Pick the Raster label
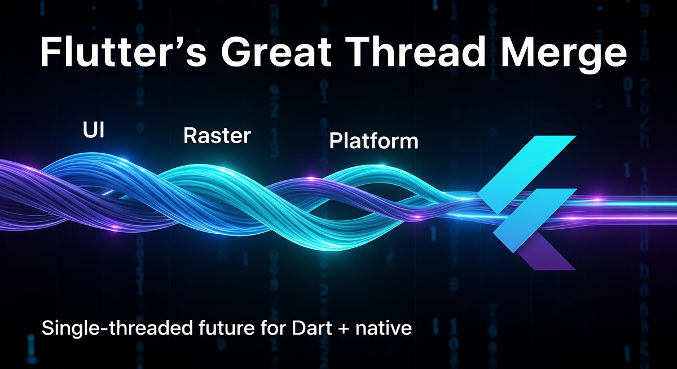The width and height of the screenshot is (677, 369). click(x=217, y=136)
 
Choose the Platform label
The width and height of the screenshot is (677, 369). click(x=373, y=141)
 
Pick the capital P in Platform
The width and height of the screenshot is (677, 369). click(x=335, y=141)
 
